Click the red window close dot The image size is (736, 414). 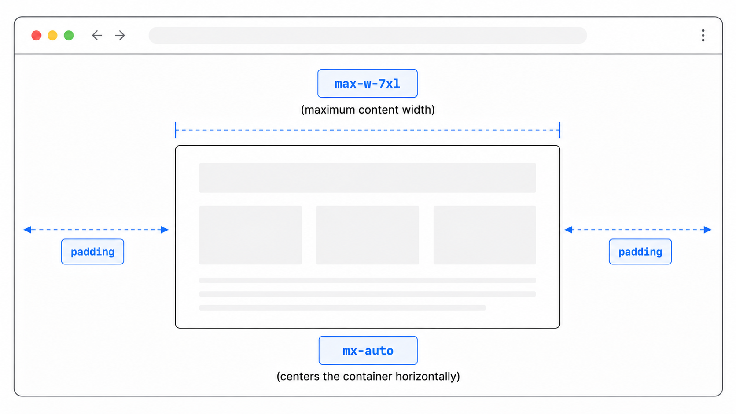pyautogui.click(x=37, y=36)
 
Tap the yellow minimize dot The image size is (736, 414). pyautogui.click(x=52, y=36)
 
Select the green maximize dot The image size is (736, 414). pyautogui.click(x=69, y=36)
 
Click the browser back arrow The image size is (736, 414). pyautogui.click(x=97, y=36)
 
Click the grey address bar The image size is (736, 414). pyautogui.click(x=368, y=36)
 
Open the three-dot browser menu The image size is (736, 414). pyautogui.click(x=703, y=36)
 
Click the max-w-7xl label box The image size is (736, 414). pyautogui.click(x=368, y=84)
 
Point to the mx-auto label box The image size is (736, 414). pyautogui.click(x=368, y=350)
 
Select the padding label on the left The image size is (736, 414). pyautogui.click(x=92, y=252)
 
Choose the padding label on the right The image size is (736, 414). pyautogui.click(x=640, y=252)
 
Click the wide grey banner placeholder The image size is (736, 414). pyautogui.click(x=368, y=178)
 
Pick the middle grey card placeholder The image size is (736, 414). pyautogui.click(x=368, y=235)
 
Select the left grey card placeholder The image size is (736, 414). pyautogui.click(x=250, y=235)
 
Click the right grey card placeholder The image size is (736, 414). pyautogui.click(x=485, y=235)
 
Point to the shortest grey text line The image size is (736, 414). pyautogui.click(x=342, y=308)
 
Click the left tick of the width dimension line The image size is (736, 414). pyautogui.click(x=176, y=130)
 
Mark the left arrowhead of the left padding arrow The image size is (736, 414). pyautogui.click(x=28, y=230)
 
